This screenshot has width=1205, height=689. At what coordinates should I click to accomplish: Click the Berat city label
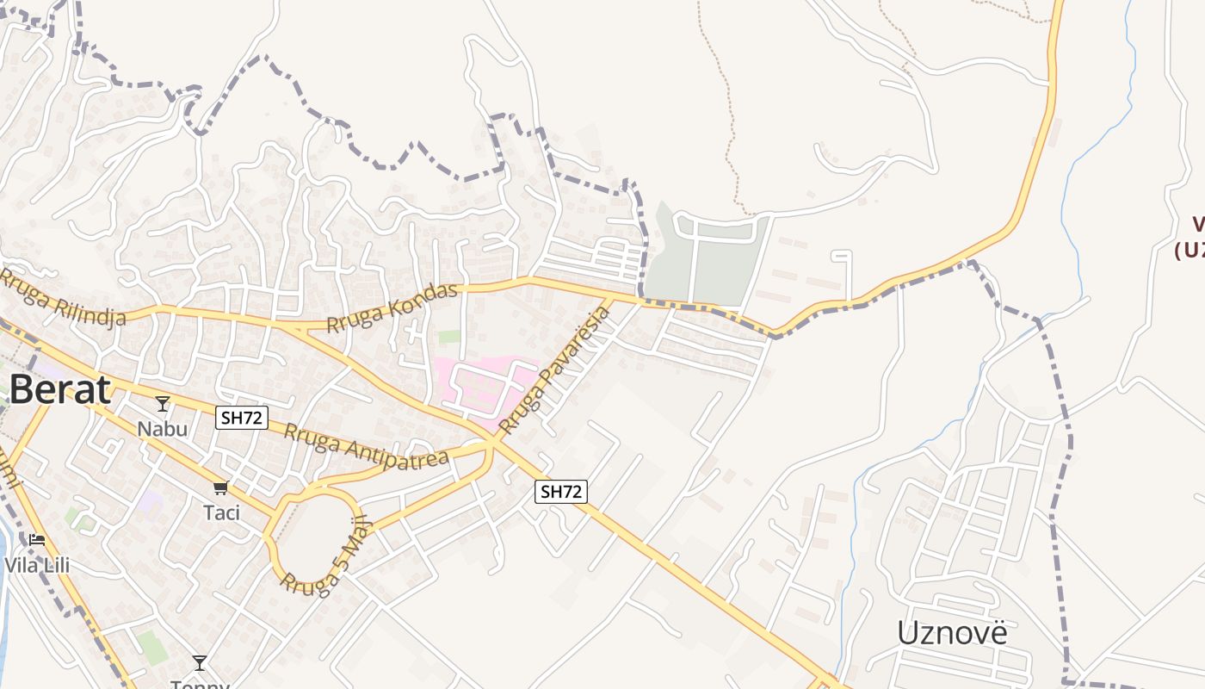click(x=60, y=390)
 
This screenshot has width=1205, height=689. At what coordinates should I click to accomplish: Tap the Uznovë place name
click(x=951, y=633)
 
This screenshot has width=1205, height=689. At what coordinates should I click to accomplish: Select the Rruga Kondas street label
click(x=392, y=307)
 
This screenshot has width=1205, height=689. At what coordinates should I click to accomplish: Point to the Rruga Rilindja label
click(x=62, y=298)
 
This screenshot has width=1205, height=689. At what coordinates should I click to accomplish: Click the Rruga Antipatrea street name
click(x=366, y=445)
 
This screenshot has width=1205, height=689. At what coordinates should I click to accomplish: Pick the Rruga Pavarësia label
click(x=554, y=370)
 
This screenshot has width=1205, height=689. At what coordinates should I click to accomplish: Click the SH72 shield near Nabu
click(x=242, y=419)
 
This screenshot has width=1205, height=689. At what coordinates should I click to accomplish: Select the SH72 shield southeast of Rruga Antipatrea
click(x=561, y=492)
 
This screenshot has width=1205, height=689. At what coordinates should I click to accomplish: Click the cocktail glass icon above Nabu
click(x=162, y=403)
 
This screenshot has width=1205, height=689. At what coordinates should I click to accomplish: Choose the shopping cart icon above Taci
click(x=221, y=488)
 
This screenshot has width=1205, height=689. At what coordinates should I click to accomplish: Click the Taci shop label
click(x=221, y=512)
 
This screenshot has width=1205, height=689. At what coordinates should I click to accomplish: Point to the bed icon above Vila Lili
click(x=36, y=540)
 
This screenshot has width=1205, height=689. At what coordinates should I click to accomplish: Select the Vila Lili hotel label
click(x=37, y=566)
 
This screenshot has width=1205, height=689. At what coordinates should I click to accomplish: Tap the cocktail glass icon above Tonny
click(x=200, y=662)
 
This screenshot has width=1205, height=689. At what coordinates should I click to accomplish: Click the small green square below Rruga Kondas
click(x=449, y=337)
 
